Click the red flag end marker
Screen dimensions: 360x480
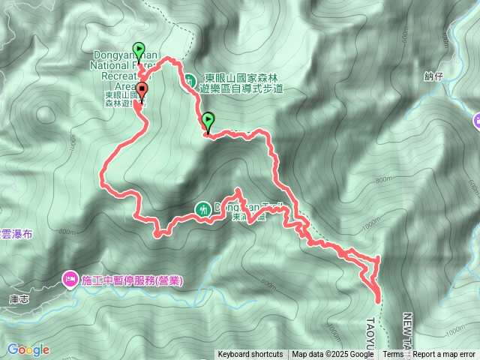(142, 91)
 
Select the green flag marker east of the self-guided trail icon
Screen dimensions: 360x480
(208, 118)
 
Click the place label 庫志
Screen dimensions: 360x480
(18, 298)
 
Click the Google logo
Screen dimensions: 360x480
(28, 349)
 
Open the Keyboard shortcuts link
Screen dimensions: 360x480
(250, 355)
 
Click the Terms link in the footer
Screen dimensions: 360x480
(393, 355)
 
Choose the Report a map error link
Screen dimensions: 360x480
(445, 355)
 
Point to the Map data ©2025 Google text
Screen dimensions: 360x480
(332, 355)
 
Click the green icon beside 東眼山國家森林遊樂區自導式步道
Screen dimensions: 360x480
(190, 79)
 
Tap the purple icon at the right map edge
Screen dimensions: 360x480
(476, 121)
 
